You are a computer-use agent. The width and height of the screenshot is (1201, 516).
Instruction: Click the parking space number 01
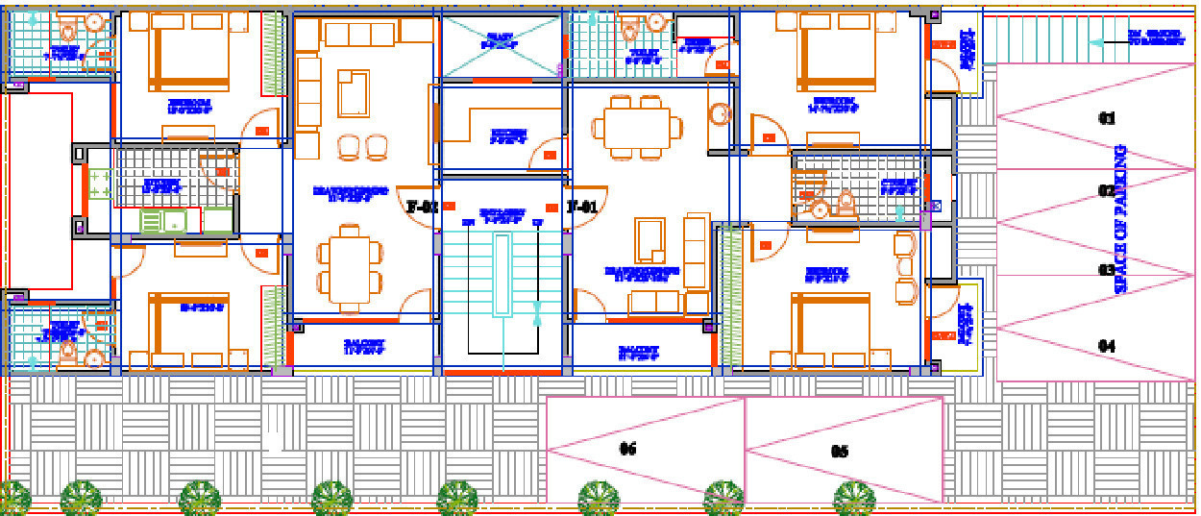(x=1107, y=119)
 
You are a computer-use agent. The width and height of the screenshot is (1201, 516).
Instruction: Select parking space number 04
(x=1107, y=346)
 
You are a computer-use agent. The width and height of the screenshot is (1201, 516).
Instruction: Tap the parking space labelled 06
(x=628, y=449)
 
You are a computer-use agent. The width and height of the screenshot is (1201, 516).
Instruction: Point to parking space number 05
(x=839, y=451)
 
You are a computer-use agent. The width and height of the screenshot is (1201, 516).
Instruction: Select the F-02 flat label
(x=422, y=207)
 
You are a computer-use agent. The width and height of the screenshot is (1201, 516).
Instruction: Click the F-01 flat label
(x=582, y=207)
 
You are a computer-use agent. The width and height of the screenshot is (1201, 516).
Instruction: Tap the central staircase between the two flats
(x=502, y=288)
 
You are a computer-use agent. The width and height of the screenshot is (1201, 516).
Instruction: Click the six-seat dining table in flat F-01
(x=636, y=127)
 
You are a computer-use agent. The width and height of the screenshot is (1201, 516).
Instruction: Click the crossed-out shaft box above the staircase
(x=501, y=45)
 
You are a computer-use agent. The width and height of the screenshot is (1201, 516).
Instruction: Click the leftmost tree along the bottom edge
(x=13, y=498)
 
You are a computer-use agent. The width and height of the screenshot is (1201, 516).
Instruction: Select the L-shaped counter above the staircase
(x=500, y=127)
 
